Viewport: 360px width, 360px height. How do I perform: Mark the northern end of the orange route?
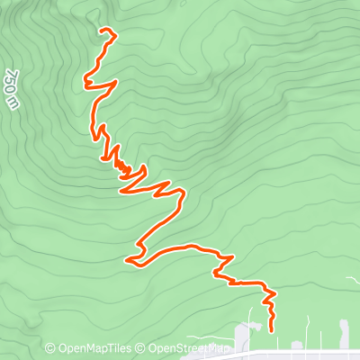(x=100, y=31)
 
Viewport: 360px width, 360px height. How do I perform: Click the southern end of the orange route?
(x=271, y=330)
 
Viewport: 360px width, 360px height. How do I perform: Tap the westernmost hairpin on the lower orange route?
(x=129, y=261)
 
